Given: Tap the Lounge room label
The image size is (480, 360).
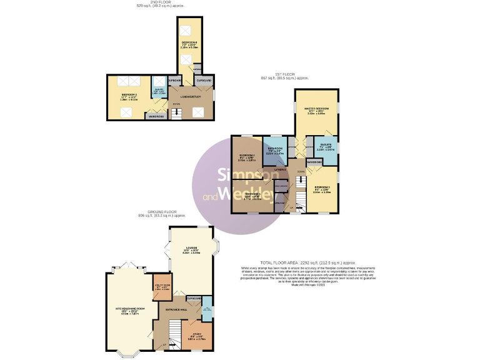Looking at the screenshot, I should click(x=191, y=248).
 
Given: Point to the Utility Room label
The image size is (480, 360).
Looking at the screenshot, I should click(x=162, y=285).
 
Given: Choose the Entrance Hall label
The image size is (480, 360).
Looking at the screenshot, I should click(x=177, y=309).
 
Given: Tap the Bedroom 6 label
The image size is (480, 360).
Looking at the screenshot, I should click(x=189, y=42).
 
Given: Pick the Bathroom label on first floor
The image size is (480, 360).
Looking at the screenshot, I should click(x=276, y=149).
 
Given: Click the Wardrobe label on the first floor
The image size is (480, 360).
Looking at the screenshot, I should click(x=314, y=162).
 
